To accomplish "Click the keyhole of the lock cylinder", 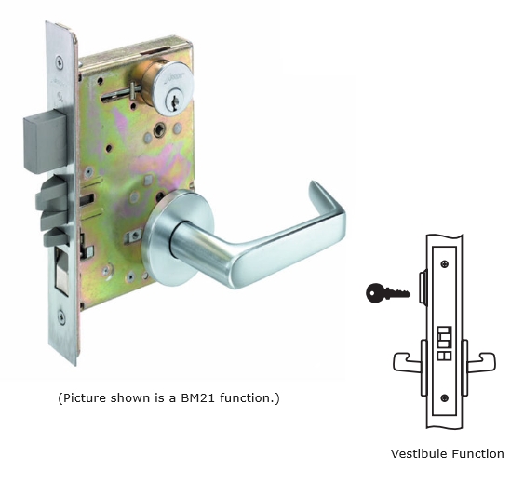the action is click(x=174, y=102).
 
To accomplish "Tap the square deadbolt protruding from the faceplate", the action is click(x=45, y=141).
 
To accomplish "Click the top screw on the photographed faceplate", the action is click(x=60, y=62).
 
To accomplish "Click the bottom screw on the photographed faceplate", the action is click(x=61, y=316).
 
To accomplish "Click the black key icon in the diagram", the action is click(x=388, y=293).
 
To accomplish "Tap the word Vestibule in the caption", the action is click(x=420, y=454).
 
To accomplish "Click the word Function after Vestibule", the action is click(x=477, y=454).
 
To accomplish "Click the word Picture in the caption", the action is click(x=85, y=398).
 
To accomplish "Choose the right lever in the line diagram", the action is click(x=479, y=362).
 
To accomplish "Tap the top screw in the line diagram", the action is click(x=445, y=264).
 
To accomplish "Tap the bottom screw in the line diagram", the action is click(x=445, y=398).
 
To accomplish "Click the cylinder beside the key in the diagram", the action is click(x=423, y=287).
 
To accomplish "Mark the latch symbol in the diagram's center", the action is click(x=445, y=343).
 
